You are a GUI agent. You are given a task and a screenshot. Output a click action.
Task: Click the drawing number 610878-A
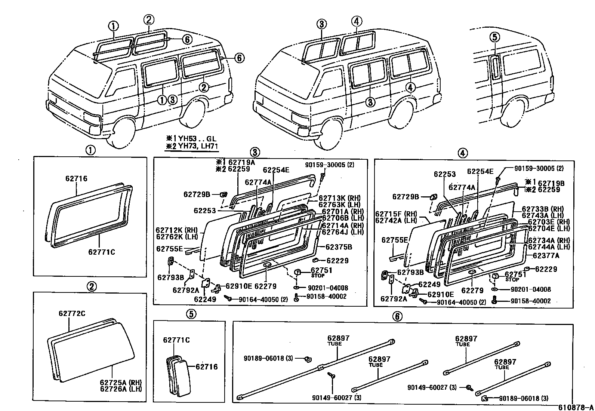[576, 407]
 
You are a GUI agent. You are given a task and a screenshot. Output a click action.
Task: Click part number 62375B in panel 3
[339, 247]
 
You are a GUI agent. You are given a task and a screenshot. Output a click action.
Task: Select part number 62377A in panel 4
[546, 256]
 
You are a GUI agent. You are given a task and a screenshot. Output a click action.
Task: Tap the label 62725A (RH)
[121, 382]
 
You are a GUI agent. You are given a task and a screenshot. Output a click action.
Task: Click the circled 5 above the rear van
[494, 37]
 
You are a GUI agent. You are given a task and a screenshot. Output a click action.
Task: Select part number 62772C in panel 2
[72, 313]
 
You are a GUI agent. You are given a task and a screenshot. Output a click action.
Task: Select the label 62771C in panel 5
[176, 340]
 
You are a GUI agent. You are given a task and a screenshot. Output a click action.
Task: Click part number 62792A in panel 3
[186, 290]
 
